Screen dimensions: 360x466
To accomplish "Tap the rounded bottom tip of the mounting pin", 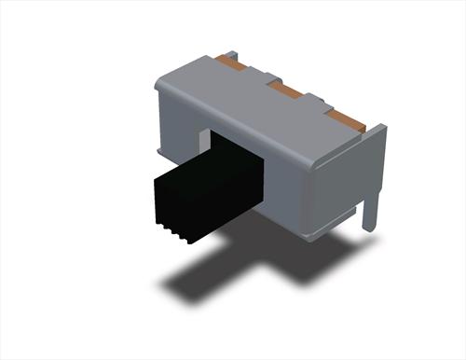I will coord(370,228).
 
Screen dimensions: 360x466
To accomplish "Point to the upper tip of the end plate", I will coord(382,128).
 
